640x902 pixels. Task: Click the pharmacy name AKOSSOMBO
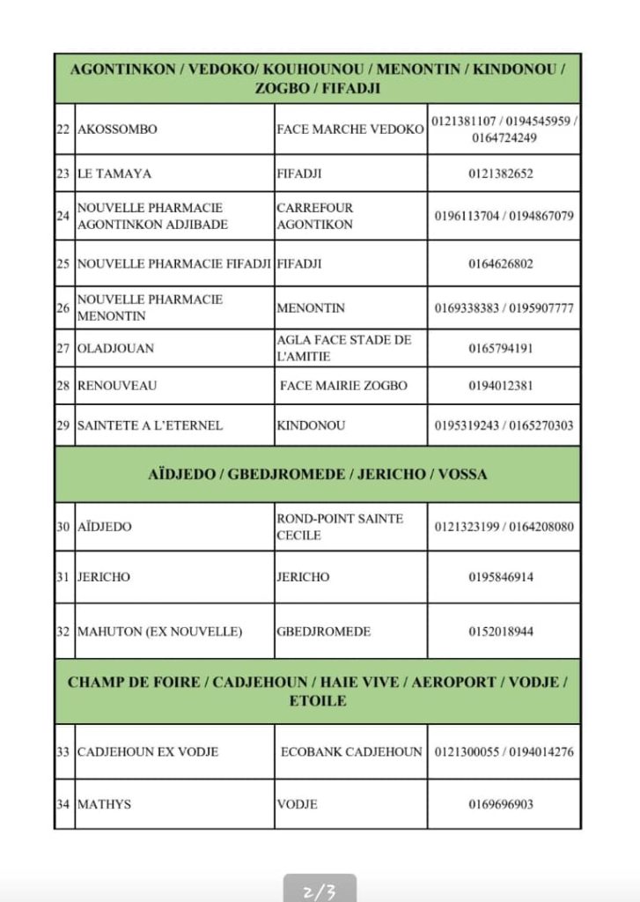[x=117, y=129]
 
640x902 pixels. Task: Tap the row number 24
[x=63, y=216]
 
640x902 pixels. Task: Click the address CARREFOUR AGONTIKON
[x=314, y=216]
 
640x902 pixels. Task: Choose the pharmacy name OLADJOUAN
[x=115, y=348]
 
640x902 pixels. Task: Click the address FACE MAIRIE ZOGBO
[x=343, y=386]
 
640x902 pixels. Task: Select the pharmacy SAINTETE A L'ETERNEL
[x=150, y=425]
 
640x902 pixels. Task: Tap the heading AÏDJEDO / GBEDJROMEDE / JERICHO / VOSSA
[x=317, y=474]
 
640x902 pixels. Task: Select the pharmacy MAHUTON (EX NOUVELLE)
[x=159, y=632]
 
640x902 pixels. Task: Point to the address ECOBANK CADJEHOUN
[x=351, y=752]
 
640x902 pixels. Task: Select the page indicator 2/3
[x=320, y=890]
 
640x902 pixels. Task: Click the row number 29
[x=63, y=425]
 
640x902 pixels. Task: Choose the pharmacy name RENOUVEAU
[x=117, y=386]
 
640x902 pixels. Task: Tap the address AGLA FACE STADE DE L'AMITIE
[x=343, y=348]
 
